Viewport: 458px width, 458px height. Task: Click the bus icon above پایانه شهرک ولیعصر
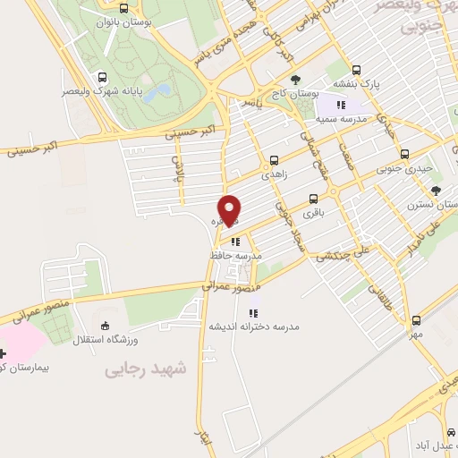101,78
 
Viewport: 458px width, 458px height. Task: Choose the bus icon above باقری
313,199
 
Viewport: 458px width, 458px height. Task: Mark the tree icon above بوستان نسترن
436,190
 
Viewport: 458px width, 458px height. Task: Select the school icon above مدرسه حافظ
235,241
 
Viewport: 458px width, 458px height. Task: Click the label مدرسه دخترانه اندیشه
253,327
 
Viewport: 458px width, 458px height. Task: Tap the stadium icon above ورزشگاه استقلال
107,326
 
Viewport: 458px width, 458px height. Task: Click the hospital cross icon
3,353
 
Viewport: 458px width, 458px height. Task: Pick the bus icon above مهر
416,320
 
